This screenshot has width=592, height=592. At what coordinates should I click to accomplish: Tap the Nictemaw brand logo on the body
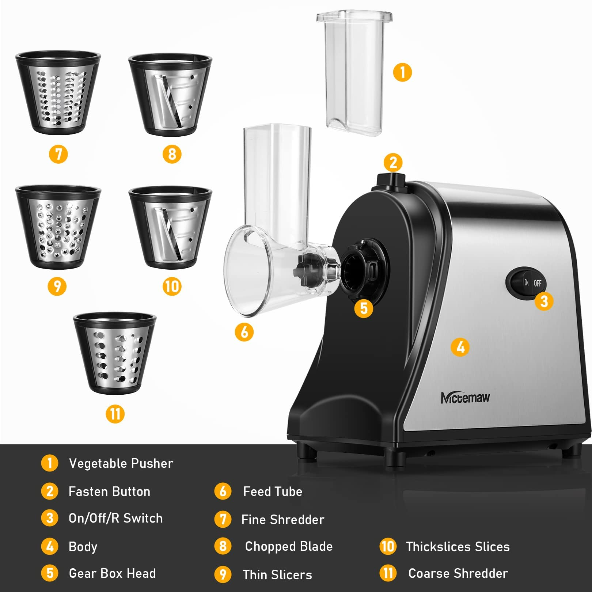click(465, 398)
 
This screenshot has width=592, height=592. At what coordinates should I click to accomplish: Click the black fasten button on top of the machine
click(391, 181)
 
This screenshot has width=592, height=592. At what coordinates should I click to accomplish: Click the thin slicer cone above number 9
click(58, 227)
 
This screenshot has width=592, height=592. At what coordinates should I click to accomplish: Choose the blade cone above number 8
click(170, 95)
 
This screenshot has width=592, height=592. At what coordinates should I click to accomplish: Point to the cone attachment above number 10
click(170, 228)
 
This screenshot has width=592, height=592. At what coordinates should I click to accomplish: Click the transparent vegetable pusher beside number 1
click(354, 73)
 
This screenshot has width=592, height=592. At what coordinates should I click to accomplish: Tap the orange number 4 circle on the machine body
click(460, 347)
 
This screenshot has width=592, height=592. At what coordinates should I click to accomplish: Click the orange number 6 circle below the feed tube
click(244, 332)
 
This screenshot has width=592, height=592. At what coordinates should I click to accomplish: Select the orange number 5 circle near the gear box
click(364, 308)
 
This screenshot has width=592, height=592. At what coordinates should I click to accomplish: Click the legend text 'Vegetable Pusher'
click(121, 463)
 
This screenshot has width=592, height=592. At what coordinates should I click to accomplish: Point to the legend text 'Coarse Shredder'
click(458, 573)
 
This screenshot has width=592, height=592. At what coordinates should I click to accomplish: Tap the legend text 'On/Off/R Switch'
click(115, 518)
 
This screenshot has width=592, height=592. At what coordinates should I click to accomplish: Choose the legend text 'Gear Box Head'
click(112, 573)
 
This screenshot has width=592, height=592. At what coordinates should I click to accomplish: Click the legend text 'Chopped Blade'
click(289, 546)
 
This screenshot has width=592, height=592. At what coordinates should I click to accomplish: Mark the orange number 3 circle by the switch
click(544, 301)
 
